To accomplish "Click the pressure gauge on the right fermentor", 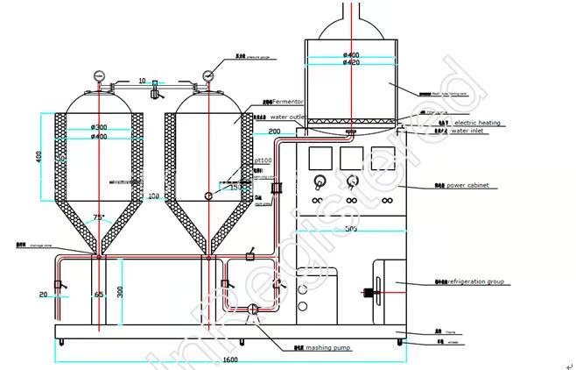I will tap(208, 74).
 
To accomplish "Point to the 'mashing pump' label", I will tap(333, 347).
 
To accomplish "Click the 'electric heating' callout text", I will tap(477, 123).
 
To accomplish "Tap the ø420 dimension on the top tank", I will tap(352, 63).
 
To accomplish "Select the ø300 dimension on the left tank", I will tap(99, 127).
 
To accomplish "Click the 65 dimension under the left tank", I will tap(98, 295).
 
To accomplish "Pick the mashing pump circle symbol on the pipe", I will tap(254, 309).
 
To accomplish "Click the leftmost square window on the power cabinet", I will tap(320, 158).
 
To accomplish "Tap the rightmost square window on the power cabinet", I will tap(381, 158).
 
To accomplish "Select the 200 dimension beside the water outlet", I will tap(275, 132).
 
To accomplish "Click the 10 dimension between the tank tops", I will tap(142, 81).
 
